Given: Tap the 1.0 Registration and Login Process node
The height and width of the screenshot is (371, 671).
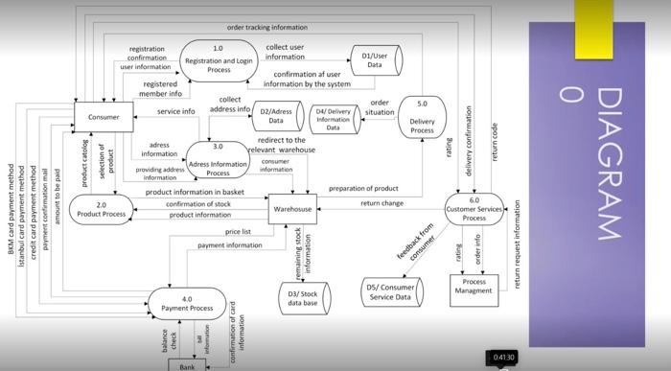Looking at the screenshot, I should point(220,58).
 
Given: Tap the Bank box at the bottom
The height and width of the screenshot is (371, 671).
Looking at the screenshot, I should point(188,365).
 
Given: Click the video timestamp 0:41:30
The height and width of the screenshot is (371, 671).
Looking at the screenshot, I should point(505,357).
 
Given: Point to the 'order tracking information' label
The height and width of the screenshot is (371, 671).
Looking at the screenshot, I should point(267,27).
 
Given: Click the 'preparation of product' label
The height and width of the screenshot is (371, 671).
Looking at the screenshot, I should point(362,188).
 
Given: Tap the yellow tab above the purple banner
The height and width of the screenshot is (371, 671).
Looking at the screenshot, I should point(593,29).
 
